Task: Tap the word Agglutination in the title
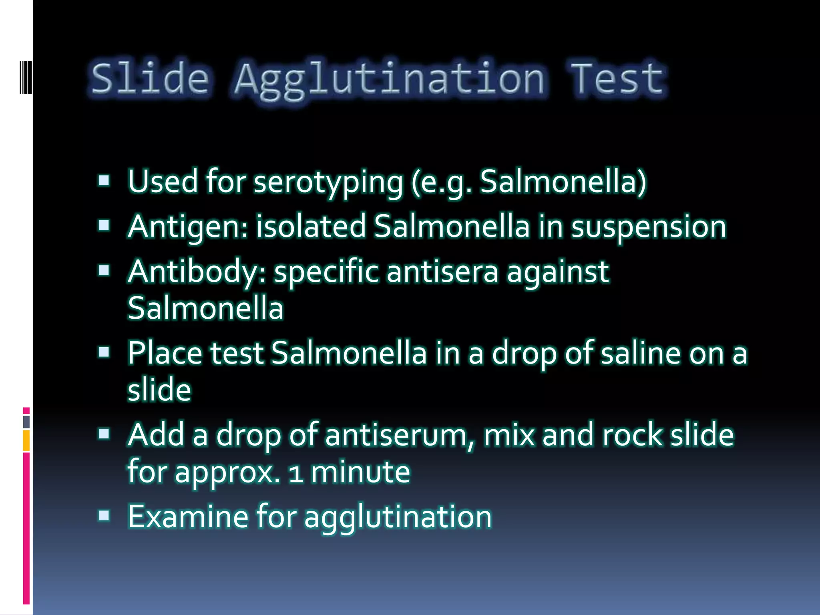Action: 389,80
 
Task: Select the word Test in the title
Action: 618,78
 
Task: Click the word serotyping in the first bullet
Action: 328,183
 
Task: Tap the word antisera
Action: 442,271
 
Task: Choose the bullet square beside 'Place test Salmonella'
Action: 104,352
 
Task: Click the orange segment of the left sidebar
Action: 26,440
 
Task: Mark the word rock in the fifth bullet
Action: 632,435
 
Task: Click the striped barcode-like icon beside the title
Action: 25,77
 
